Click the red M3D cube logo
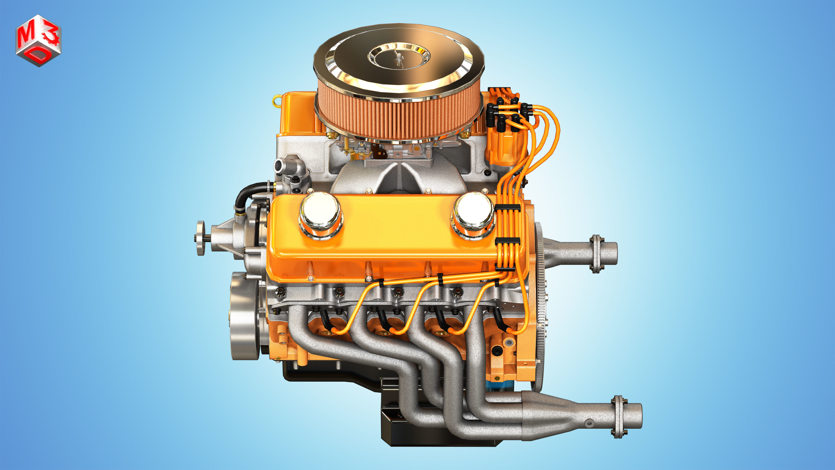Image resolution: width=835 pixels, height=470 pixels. click(38, 40)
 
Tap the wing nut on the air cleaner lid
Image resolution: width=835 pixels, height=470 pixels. click(398, 60)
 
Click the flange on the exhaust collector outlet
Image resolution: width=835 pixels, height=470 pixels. click(619, 417)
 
